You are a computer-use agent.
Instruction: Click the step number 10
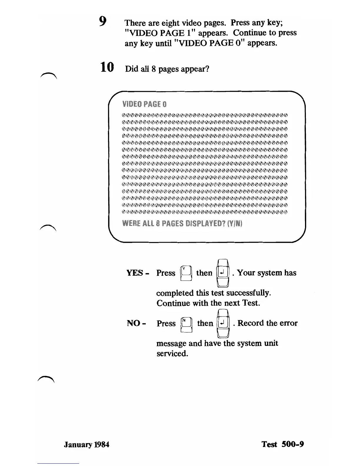(x=106, y=67)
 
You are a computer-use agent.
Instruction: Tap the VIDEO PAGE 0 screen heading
(x=144, y=104)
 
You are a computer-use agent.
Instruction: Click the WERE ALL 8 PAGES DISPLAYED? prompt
(x=182, y=224)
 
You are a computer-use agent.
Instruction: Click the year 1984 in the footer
(x=102, y=444)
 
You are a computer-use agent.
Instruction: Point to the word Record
(x=251, y=323)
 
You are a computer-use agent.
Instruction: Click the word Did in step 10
(x=131, y=69)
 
